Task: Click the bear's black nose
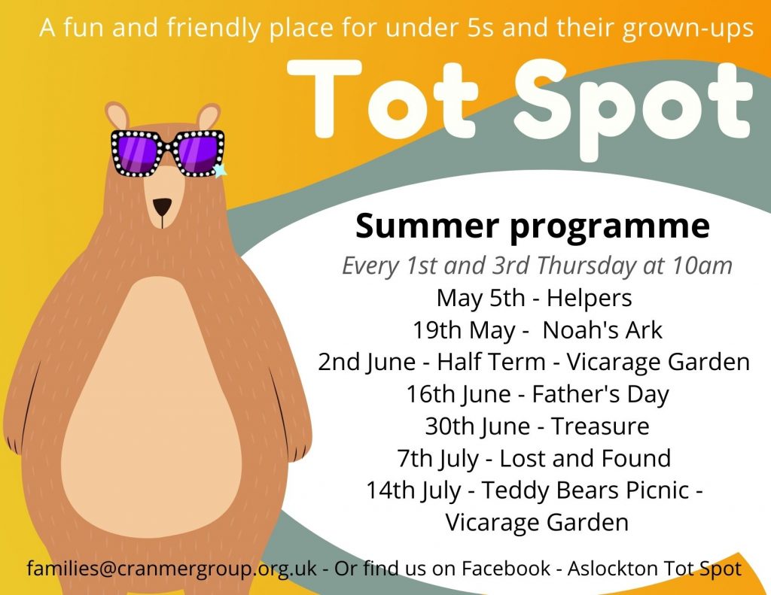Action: [163, 206]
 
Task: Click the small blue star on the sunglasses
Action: [219, 170]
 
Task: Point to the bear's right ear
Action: [208, 117]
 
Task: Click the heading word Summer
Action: [427, 226]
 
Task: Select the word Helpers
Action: [589, 299]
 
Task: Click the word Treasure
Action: [600, 426]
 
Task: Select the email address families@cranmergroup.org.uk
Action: [172, 569]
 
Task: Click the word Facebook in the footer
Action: [506, 568]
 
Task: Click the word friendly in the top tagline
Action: [213, 28]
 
